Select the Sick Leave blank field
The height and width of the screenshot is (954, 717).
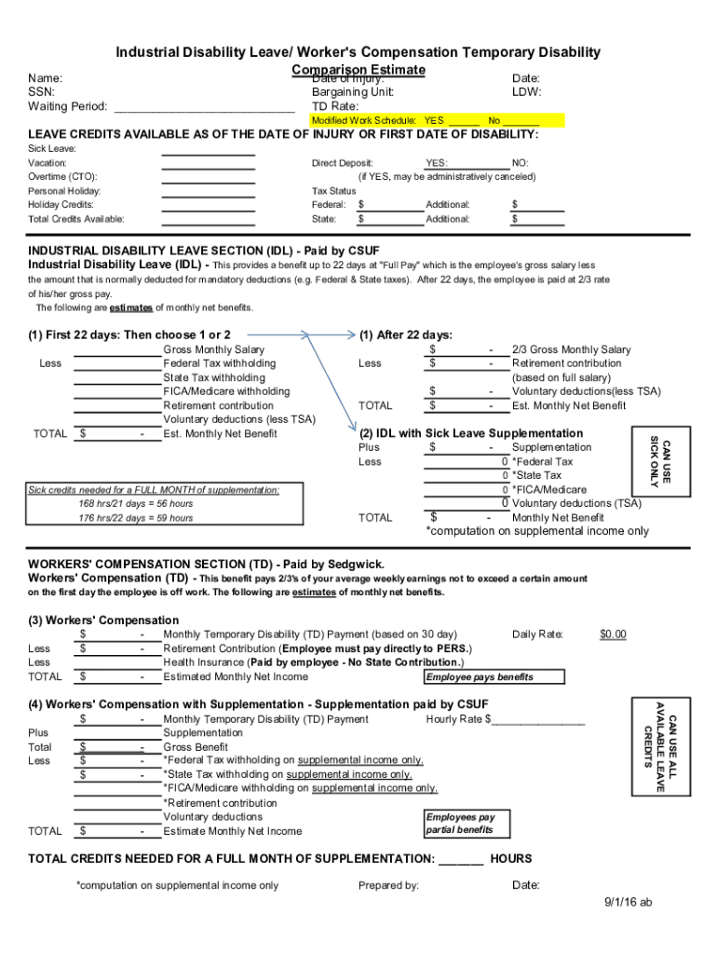(208, 149)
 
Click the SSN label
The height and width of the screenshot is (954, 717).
(41, 92)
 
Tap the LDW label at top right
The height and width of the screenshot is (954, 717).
(526, 92)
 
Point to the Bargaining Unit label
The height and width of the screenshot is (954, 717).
(353, 92)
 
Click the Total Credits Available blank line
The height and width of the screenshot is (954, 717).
(208, 220)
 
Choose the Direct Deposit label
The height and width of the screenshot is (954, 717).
(342, 163)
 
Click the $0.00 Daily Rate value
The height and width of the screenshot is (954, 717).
(613, 634)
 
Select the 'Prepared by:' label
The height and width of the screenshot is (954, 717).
(388, 885)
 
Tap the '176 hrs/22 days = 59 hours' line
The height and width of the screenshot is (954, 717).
(136, 518)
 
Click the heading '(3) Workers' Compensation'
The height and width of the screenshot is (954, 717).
(103, 620)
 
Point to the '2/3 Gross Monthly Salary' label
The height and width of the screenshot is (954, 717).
(571, 349)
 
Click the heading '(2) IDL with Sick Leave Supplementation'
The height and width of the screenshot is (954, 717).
(471, 433)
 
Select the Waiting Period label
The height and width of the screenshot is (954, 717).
(67, 106)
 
